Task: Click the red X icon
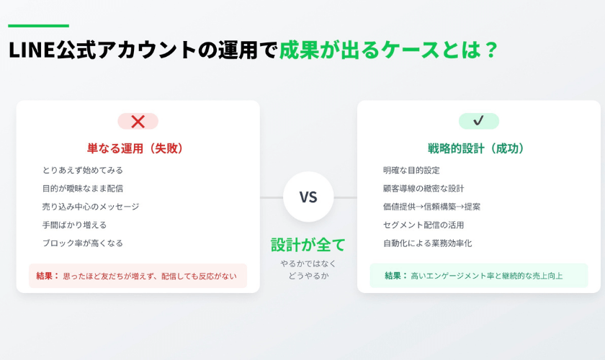click(138, 121)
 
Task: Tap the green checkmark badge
click(478, 121)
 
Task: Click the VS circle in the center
click(308, 197)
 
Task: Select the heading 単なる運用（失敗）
click(135, 148)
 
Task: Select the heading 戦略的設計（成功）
click(475, 148)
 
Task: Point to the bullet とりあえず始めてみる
click(83, 170)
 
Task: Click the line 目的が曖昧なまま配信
click(83, 189)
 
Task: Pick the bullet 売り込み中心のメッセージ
click(91, 207)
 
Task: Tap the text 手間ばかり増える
click(74, 225)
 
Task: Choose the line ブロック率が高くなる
click(83, 243)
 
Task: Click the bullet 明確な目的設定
click(411, 170)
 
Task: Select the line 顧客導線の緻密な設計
click(423, 189)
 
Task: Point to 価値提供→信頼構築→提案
click(431, 207)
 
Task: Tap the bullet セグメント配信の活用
click(423, 225)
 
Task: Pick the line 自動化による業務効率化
click(427, 243)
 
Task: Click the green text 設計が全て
click(308, 245)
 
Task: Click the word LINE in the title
click(32, 50)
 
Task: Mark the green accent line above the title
click(39, 26)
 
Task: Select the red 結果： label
click(48, 276)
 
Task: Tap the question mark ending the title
click(490, 50)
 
